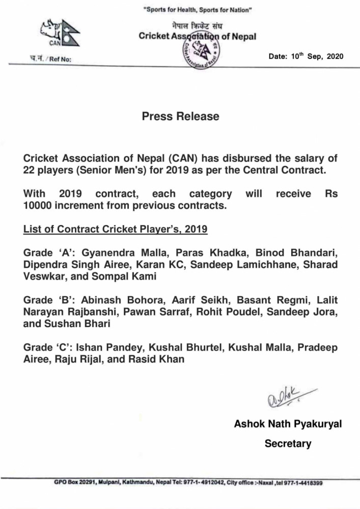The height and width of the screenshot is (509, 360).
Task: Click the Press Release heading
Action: click(x=180, y=117)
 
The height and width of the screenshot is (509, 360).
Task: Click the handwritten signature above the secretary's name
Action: click(x=288, y=397)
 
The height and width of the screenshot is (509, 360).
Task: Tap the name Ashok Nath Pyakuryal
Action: click(x=288, y=423)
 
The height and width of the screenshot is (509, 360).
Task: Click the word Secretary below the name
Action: click(x=288, y=443)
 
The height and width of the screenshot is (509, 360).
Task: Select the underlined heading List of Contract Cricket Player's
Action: click(x=115, y=229)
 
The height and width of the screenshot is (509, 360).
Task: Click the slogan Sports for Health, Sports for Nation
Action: click(x=197, y=10)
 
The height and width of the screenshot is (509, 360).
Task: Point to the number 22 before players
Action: click(x=29, y=171)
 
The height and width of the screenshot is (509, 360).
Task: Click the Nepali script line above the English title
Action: click(x=198, y=26)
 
